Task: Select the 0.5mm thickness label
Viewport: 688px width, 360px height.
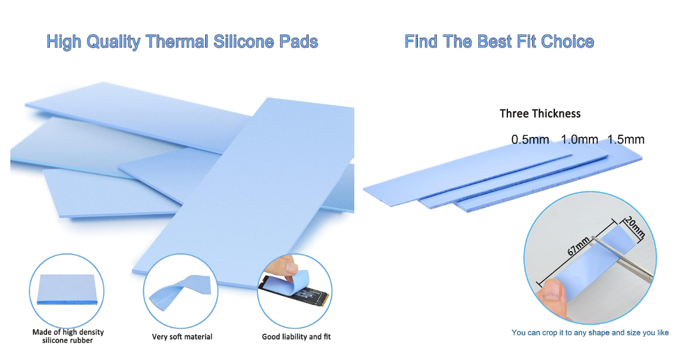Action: (530, 140)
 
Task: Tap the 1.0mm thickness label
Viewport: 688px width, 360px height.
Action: (579, 140)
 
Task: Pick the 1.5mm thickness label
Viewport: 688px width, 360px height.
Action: (626, 140)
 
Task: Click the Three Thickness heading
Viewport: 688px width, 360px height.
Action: (540, 114)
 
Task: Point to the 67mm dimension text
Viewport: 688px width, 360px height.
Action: (578, 249)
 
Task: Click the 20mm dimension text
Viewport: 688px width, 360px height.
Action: (635, 228)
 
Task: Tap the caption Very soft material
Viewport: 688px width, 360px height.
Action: (182, 336)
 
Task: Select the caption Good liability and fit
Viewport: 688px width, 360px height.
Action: (296, 336)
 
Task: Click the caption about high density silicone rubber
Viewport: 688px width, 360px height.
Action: (68, 336)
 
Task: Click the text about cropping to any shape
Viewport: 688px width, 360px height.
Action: (590, 332)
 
